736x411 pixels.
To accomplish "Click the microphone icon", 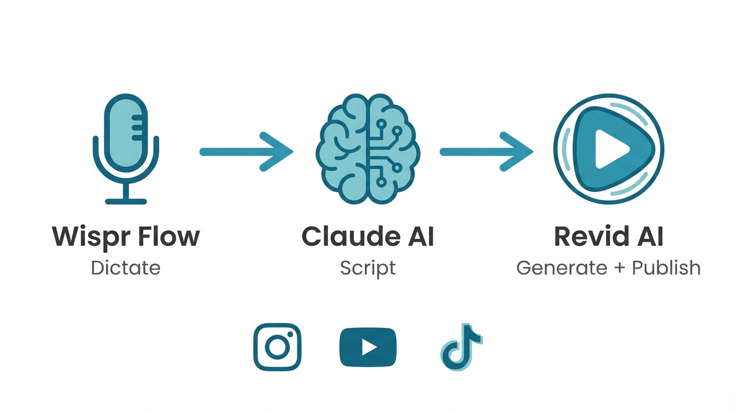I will point(126,139).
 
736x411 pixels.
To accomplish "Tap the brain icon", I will point(368,148).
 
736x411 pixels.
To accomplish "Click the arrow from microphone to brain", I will point(246,152).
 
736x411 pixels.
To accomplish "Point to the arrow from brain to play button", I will point(486,152).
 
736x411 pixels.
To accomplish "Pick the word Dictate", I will point(126,268).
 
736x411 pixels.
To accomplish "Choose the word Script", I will point(368,268).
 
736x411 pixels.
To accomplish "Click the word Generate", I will point(562,268).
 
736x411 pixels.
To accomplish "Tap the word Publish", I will point(666,268).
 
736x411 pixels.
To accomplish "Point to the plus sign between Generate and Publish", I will point(619,268).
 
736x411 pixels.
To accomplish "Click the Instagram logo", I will point(277,347).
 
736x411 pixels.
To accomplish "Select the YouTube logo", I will point(368,347).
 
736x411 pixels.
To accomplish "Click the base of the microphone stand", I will point(126,201).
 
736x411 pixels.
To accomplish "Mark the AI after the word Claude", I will point(420,237).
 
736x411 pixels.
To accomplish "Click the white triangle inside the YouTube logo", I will point(369,347).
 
